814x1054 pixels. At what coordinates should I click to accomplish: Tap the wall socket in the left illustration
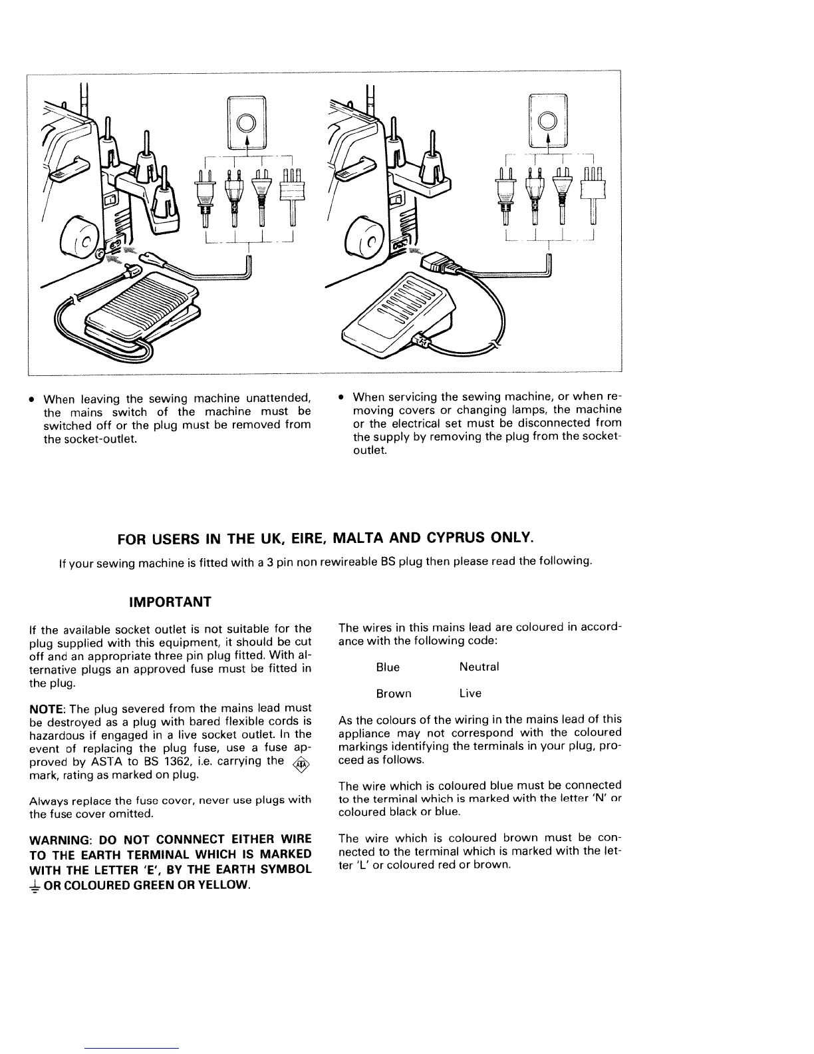(247, 122)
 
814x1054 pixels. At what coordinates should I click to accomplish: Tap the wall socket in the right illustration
(549, 120)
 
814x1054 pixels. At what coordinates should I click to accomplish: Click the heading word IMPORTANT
(170, 602)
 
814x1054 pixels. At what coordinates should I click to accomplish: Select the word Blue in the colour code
(388, 667)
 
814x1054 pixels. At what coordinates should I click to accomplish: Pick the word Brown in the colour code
(394, 693)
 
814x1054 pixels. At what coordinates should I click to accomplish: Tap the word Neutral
(479, 667)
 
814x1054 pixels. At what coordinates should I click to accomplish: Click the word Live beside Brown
(470, 693)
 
